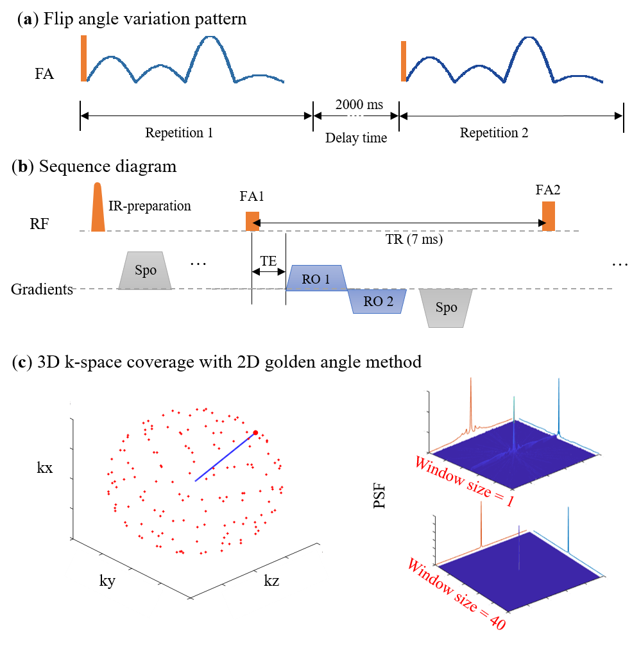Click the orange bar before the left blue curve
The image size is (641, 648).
(x=83, y=58)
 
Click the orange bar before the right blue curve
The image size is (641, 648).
(x=404, y=62)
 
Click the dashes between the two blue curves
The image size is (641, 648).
(x=355, y=116)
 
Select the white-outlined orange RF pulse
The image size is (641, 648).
(x=98, y=207)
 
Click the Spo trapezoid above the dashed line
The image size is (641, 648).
(x=146, y=270)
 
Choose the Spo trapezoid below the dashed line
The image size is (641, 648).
(x=446, y=308)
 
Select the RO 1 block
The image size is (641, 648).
(x=316, y=278)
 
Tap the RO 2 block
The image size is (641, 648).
(x=376, y=302)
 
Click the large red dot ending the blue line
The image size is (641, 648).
(x=255, y=433)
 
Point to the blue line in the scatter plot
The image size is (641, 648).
(x=225, y=457)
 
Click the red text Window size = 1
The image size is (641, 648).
(x=463, y=481)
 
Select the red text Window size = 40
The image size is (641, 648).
(x=456, y=594)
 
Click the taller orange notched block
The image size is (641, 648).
(x=549, y=216)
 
